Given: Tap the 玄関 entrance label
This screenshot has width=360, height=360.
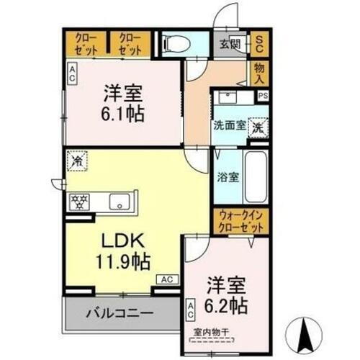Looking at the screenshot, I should [230, 44].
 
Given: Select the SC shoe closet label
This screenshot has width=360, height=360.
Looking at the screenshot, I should [259, 44].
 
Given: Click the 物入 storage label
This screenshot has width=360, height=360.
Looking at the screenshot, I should [259, 73].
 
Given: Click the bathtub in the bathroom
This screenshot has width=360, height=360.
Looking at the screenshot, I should [256, 176].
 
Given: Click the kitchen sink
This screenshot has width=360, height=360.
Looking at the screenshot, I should [120, 202].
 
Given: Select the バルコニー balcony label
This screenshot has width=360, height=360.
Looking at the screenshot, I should [120, 313].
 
